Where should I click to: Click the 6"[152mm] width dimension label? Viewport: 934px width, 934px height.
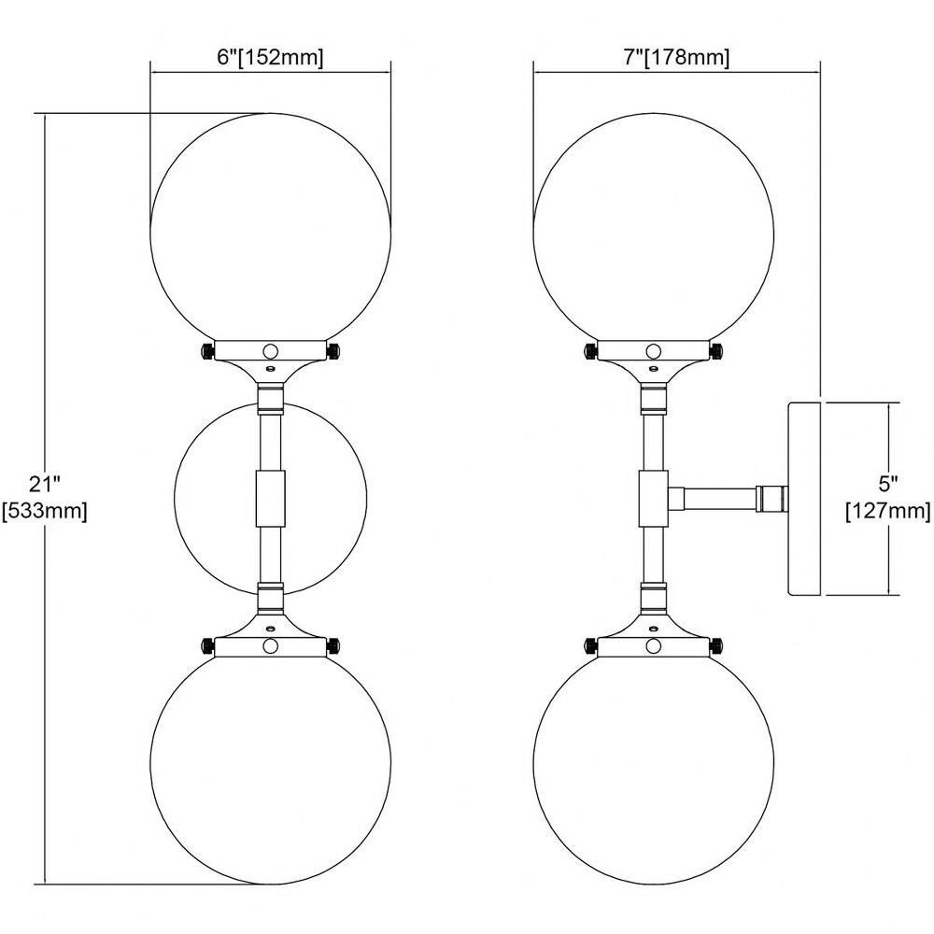[271, 58]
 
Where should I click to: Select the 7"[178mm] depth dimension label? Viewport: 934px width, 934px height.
[676, 58]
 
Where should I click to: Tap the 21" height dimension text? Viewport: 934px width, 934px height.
[45, 484]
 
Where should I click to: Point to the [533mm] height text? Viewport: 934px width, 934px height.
[45, 511]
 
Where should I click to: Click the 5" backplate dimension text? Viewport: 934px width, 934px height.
[887, 484]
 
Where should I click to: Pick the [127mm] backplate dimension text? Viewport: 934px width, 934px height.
[887, 511]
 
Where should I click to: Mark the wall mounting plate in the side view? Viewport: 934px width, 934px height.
[805, 499]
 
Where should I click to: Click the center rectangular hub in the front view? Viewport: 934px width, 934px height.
[271, 499]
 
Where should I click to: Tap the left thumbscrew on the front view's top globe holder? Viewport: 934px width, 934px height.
[208, 351]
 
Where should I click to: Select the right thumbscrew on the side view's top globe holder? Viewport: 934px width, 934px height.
[717, 351]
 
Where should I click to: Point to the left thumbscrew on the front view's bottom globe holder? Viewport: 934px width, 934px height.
[208, 645]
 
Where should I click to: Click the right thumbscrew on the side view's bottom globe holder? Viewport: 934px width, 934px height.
[717, 645]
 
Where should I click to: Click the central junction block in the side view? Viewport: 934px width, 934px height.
[654, 499]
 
